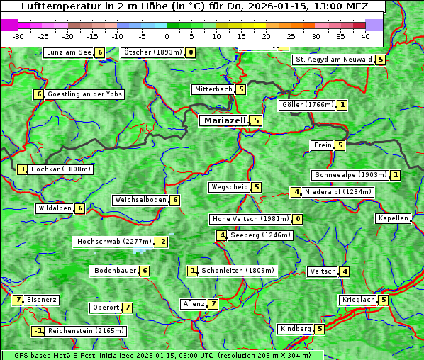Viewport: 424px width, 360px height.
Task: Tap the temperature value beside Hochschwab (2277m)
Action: [162, 242]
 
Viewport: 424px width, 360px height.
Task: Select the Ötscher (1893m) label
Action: [152, 52]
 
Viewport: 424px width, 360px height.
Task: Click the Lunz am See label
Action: [69, 52]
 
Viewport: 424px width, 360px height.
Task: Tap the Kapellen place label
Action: [393, 218]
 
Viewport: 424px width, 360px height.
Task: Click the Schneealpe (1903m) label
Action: [350, 175]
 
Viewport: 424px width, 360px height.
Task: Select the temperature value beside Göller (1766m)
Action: [342, 105]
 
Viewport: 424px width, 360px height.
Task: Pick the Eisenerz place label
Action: [42, 300]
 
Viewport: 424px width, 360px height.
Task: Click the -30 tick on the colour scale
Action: [18, 35]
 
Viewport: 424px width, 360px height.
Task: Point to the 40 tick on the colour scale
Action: [364, 35]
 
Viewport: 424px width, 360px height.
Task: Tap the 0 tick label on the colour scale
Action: [167, 35]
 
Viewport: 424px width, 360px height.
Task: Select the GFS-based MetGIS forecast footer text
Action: [162, 355]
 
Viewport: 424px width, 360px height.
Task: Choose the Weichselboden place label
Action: [140, 200]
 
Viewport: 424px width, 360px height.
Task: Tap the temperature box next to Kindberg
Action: [320, 329]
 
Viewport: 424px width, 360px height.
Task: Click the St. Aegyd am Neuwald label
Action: [333, 60]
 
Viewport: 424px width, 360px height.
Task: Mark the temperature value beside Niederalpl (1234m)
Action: [296, 192]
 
